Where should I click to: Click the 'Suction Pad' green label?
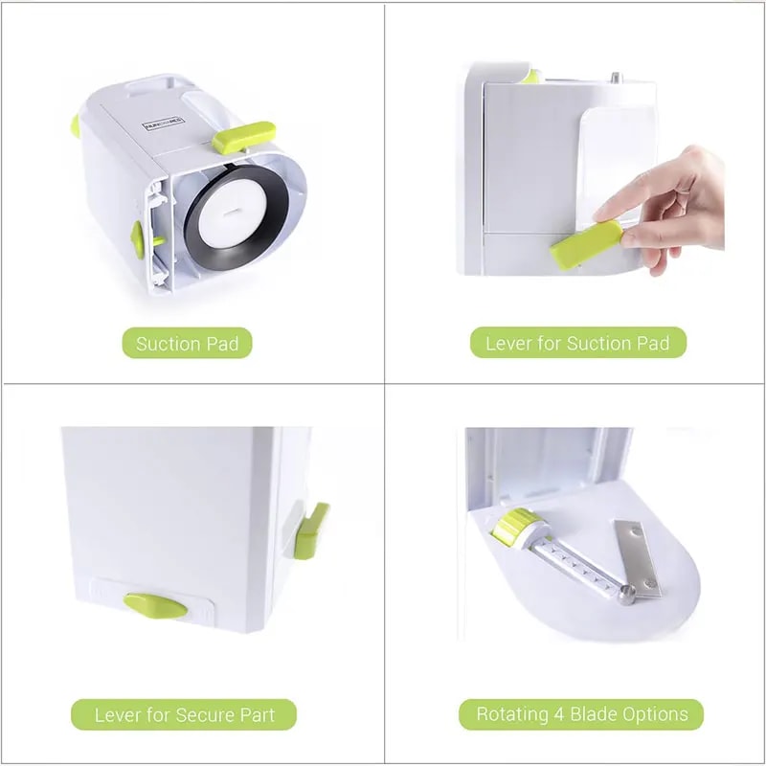(x=187, y=343)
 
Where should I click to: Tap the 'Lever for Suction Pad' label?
(x=577, y=343)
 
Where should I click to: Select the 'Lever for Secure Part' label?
(x=183, y=714)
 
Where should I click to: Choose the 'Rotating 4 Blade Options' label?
(x=582, y=714)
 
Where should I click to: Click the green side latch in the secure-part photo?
(x=312, y=529)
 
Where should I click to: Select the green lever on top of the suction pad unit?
(x=242, y=137)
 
